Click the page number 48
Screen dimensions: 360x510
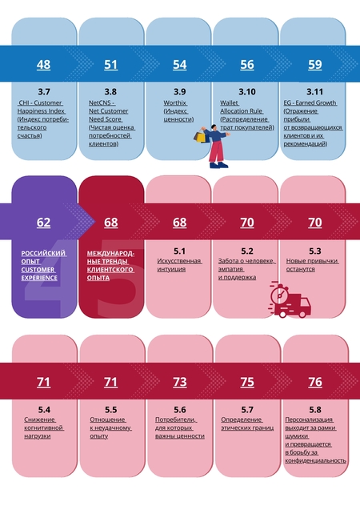pyautogui.click(x=43, y=64)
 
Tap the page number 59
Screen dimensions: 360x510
pyautogui.click(x=315, y=64)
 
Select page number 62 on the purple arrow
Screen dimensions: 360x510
pyautogui.click(x=43, y=223)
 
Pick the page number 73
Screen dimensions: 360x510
pyautogui.click(x=180, y=382)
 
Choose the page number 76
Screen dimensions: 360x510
pyautogui.click(x=315, y=382)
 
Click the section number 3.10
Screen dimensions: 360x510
pyautogui.click(x=247, y=92)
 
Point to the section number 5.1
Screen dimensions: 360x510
pyautogui.click(x=179, y=251)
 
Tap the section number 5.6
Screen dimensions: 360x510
pyautogui.click(x=180, y=410)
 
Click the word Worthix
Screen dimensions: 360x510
pyautogui.click(x=175, y=102)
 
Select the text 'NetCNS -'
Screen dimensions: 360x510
pyautogui.click(x=102, y=102)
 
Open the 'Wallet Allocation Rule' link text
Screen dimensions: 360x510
pyautogui.click(x=242, y=106)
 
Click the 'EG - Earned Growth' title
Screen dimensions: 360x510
pyautogui.click(x=310, y=102)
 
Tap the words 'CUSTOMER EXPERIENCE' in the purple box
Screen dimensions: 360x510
pyautogui.click(x=39, y=274)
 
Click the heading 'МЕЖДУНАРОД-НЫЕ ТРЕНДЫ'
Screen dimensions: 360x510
pyautogui.click(x=110, y=257)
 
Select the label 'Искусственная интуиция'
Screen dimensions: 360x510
pyautogui.click(x=179, y=265)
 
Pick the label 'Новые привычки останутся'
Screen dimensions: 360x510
pyautogui.click(x=312, y=265)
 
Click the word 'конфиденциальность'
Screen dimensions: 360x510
pyautogui.click(x=315, y=460)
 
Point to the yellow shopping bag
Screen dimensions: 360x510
pyautogui.click(x=201, y=137)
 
